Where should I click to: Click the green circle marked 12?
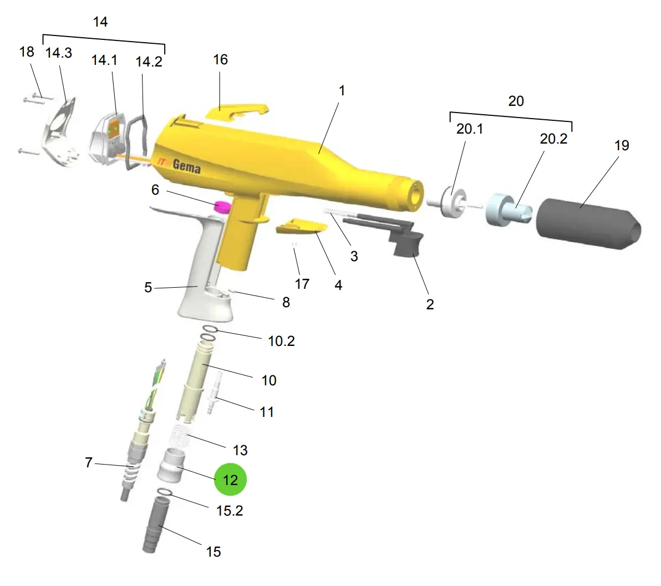coord(230,480)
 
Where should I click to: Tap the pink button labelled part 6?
coord(222,207)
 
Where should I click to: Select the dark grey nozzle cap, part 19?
coord(588,223)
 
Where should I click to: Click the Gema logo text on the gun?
coord(186,166)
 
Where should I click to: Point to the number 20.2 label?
coord(553,139)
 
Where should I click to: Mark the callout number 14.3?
coord(59,53)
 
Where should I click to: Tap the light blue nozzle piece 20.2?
coord(508,210)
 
